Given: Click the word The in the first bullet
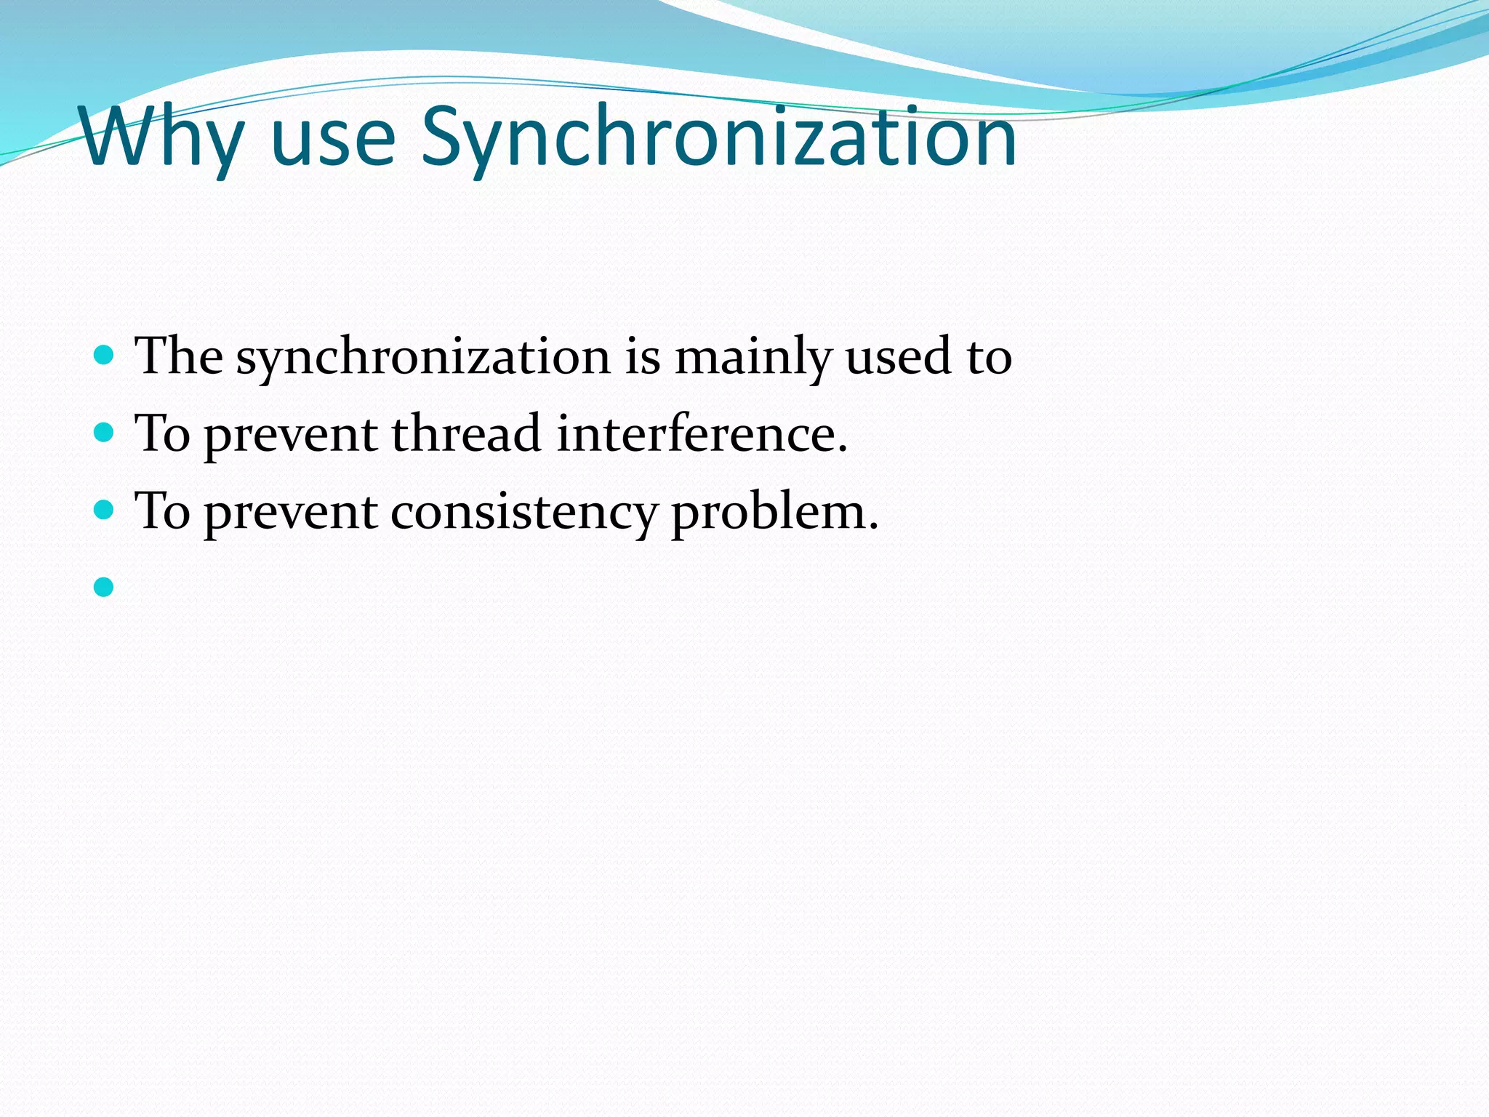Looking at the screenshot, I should click(179, 356).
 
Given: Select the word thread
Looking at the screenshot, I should click(466, 434).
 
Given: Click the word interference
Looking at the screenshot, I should click(702, 434).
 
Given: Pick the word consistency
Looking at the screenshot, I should click(523, 512).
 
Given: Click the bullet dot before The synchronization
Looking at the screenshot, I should click(105, 355).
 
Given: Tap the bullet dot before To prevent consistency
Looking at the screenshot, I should click(105, 510).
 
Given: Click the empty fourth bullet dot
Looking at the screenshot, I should click(105, 587).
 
